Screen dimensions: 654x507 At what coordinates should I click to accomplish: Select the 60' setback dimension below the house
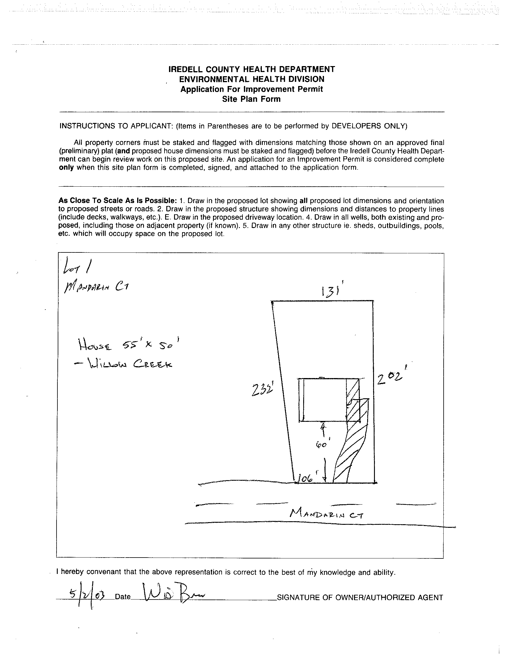click(x=321, y=453)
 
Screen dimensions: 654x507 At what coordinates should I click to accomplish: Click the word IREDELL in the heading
click(x=186, y=69)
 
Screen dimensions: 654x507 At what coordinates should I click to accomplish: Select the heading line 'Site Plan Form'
click(x=251, y=99)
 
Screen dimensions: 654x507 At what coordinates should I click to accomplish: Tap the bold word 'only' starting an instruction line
click(x=66, y=167)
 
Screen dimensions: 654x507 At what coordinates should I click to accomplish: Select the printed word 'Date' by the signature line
click(x=123, y=597)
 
